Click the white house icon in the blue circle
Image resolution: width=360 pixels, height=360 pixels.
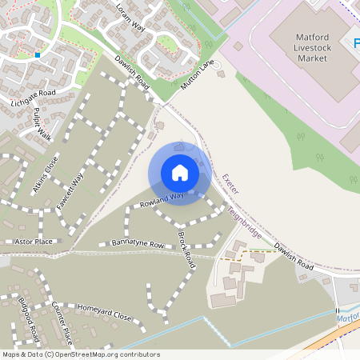tap(180, 172)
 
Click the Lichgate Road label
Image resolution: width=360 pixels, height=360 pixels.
tap(33, 98)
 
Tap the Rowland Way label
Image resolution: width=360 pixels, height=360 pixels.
tap(162, 200)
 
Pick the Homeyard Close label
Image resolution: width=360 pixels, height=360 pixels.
tap(104, 312)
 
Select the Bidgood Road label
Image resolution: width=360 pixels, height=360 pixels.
tap(28, 317)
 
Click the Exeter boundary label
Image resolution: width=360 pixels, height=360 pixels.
tap(230, 187)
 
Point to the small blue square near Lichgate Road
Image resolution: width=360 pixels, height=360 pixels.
tap(37, 55)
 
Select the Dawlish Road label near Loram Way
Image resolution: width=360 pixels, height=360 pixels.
tap(132, 70)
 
